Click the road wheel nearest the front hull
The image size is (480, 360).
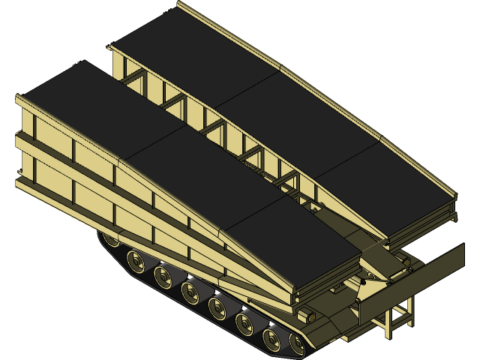[x=298, y=343]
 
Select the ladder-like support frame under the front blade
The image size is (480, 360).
[x=398, y=314]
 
